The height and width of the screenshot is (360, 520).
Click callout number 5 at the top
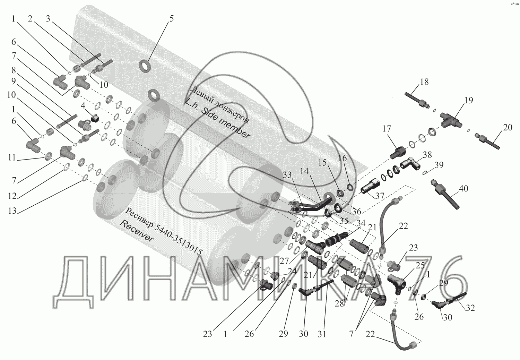click(172, 19)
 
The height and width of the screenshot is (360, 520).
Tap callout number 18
click(424, 82)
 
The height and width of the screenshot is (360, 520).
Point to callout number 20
click(508, 128)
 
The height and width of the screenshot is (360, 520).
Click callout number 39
click(439, 165)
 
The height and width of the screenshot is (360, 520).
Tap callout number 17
click(387, 129)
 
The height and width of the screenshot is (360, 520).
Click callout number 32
click(470, 308)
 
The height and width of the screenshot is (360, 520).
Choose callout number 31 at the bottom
click(322, 334)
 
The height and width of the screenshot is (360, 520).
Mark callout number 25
click(420, 266)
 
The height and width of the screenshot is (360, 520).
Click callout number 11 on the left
click(12, 158)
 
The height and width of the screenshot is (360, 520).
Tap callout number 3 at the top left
click(48, 19)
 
